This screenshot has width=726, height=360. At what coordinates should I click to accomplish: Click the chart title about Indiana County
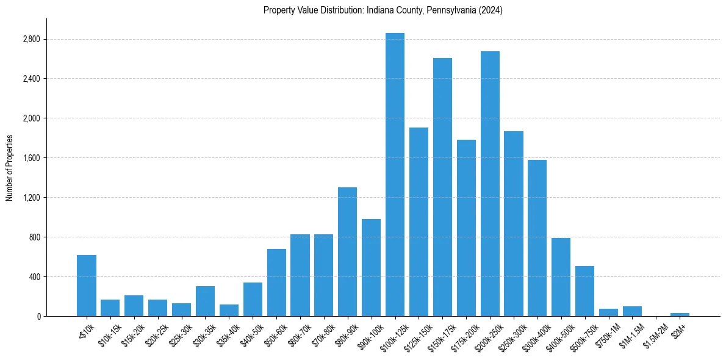(383, 10)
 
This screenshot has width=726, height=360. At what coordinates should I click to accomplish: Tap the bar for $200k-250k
(490, 184)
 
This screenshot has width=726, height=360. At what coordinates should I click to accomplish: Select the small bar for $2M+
(680, 314)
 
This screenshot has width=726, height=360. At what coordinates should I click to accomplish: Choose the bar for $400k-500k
(561, 277)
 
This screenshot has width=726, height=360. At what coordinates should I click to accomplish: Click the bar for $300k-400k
(537, 238)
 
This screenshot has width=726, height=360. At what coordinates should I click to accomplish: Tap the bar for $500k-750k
(584, 291)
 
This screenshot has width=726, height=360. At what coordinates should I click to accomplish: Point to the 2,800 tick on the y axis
(31, 39)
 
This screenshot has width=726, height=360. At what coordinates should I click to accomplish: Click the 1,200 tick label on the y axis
(31, 198)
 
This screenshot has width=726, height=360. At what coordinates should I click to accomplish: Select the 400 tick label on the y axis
(34, 276)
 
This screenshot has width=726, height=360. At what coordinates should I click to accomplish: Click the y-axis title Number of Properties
(9, 167)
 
